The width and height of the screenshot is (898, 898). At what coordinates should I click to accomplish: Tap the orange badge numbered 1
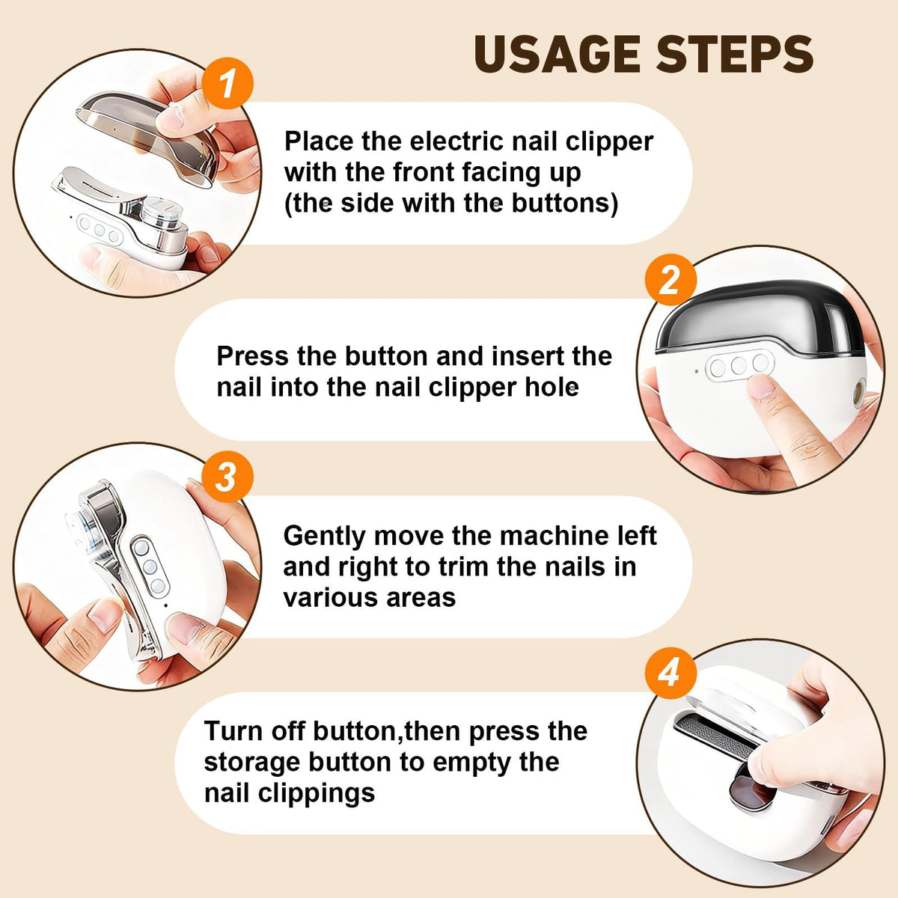click(227, 83)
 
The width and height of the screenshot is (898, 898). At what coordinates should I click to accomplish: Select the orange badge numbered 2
click(671, 281)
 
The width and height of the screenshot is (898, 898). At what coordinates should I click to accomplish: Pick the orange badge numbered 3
click(227, 477)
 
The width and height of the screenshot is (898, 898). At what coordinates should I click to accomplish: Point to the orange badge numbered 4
click(671, 673)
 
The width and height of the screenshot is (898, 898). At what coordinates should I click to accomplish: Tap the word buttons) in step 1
click(565, 204)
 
